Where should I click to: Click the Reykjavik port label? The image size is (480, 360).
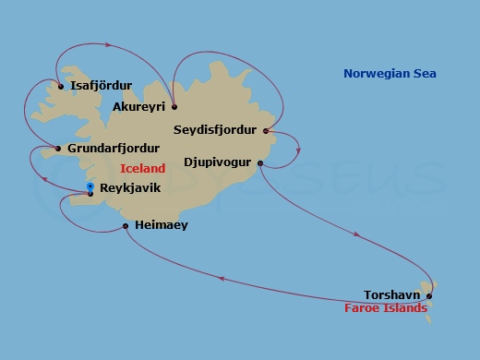pos(130,187)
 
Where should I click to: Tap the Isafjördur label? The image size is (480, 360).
pos(101,86)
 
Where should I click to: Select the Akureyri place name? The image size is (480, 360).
pos(138,107)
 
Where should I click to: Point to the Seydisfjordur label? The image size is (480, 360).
pos(214,130)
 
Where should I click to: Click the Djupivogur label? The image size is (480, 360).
pos(218,162)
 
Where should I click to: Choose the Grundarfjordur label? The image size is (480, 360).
pos(114,148)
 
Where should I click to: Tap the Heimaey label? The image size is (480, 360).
pos(161,224)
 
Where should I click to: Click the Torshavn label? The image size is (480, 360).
pos(392,295)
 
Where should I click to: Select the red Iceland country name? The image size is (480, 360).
pos(143,168)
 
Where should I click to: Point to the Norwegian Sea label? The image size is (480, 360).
pos(390,74)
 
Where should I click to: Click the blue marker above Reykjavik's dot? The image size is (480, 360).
pos(90,186)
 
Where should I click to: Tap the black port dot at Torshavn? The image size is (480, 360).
pos(429,296)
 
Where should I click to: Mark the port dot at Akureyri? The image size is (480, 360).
pos(174,106)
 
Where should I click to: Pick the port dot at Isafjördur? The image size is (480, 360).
pos(61,87)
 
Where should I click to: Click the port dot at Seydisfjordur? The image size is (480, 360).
pos(266,130)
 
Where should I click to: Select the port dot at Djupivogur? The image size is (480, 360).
pos(260,163)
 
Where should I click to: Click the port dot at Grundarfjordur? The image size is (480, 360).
pos(58,149)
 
